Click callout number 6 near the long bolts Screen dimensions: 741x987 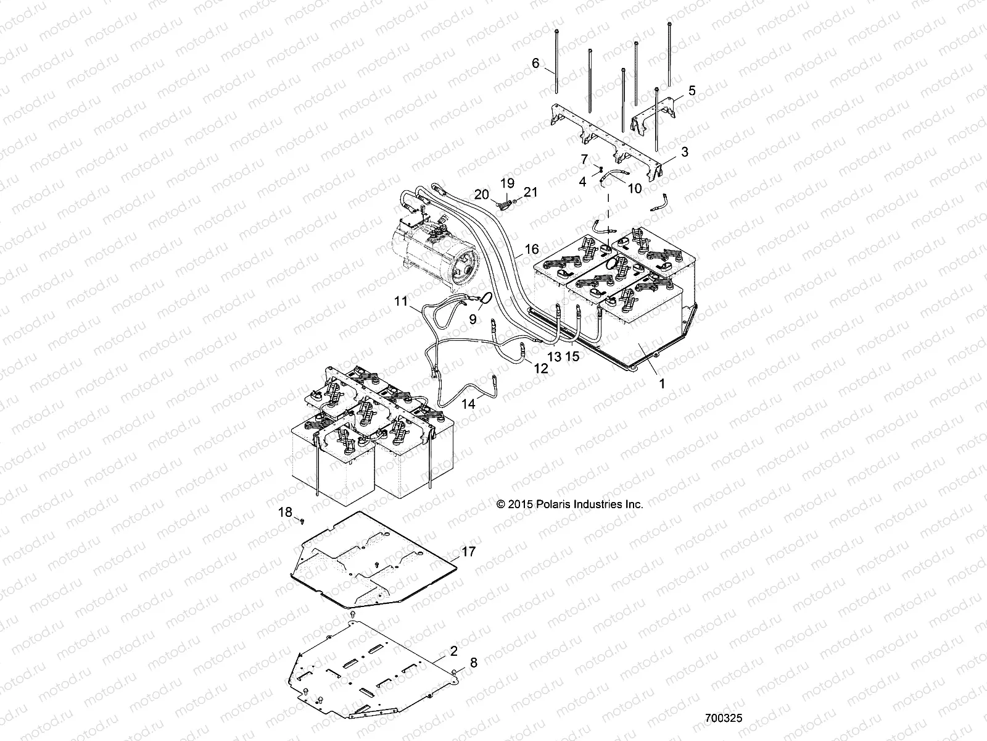point(535,63)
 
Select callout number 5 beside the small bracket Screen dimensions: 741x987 point(692,91)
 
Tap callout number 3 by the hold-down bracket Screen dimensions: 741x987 point(685,151)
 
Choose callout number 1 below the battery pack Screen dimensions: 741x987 point(662,383)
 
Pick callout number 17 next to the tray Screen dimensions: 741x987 point(468,551)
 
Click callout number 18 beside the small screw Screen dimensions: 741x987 point(285,512)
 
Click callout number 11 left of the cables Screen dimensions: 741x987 point(402,302)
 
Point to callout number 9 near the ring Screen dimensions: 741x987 point(473,319)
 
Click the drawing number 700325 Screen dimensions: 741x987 point(724,719)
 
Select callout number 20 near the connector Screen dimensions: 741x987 point(482,195)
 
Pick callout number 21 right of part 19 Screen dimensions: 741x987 point(531,192)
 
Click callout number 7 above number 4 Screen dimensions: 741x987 point(584,160)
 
